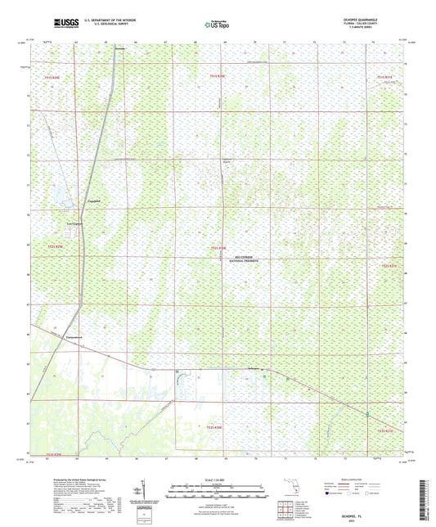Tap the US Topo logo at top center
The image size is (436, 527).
tap(215, 25)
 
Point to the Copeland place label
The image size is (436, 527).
tap(93, 200)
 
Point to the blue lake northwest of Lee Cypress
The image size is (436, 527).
tap(59, 193)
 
